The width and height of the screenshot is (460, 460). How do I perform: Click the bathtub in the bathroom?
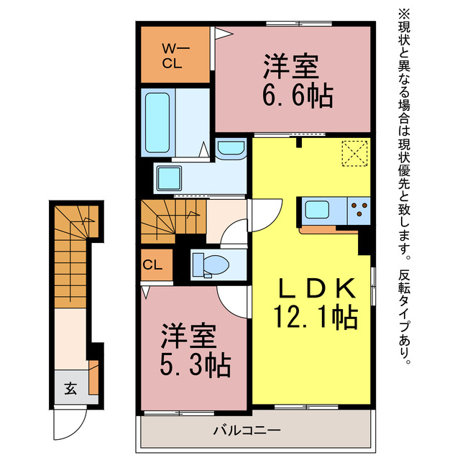click(157, 122)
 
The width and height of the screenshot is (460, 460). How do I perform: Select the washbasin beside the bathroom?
click(231, 149)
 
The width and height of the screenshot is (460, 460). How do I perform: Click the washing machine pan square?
click(172, 177)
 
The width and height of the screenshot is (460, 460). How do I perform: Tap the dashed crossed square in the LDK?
click(354, 153)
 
